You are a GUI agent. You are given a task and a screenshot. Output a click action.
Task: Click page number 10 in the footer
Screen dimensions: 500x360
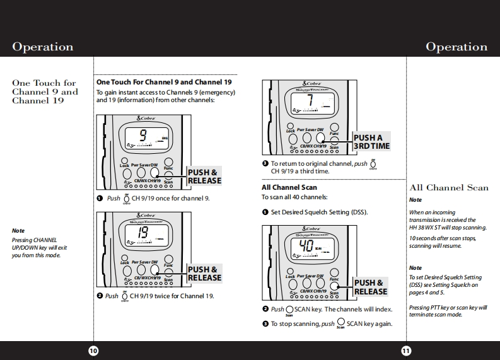pos(93,351)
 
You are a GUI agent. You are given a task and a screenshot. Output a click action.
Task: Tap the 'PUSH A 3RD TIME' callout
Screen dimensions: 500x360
pos(371,142)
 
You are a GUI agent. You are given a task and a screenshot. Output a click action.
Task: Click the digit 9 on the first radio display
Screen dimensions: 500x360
pos(143,134)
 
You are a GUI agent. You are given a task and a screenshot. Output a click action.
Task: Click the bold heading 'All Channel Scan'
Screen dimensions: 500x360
pos(289,187)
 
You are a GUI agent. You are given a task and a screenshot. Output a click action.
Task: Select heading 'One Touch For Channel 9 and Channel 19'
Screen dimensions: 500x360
pos(163,82)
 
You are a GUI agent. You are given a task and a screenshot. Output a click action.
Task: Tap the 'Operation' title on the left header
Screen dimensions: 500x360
pos(43,47)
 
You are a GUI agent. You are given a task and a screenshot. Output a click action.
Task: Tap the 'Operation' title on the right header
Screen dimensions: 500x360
pos(456,47)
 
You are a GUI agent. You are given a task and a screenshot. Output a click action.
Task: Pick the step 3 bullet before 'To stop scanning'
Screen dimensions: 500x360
pos(265,323)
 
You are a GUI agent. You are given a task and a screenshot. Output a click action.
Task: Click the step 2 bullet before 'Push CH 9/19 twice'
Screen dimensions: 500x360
pos(100,296)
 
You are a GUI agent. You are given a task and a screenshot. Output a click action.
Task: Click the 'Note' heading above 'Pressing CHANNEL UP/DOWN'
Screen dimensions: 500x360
pos(19,231)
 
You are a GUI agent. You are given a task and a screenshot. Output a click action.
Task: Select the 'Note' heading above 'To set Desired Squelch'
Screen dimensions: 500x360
pos(416,268)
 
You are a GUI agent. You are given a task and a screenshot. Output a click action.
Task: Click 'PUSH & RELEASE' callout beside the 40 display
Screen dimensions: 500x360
pos(371,287)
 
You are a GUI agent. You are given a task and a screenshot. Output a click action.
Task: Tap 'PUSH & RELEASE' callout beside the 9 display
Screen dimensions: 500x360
pos(204,177)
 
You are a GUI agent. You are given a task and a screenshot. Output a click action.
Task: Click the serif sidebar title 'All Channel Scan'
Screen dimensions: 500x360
pos(449,187)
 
